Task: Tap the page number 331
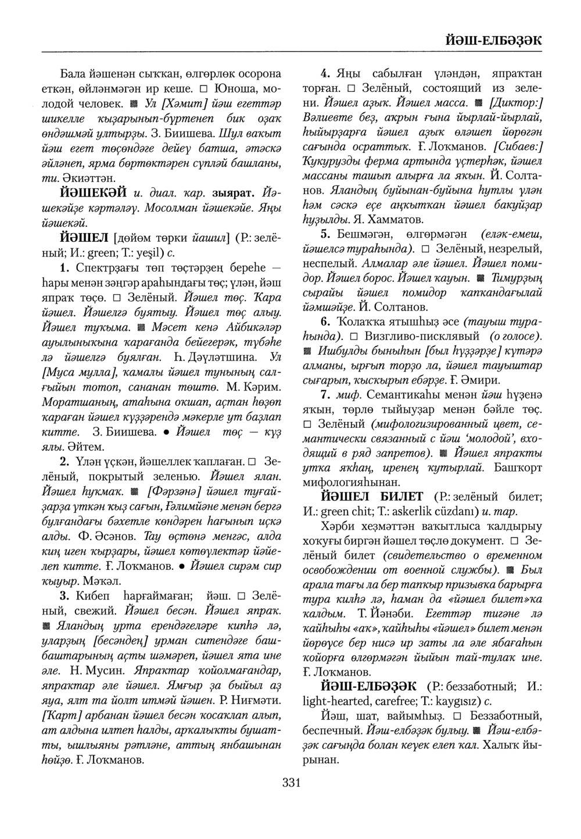[x=291, y=783]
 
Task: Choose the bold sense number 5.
[x=326, y=234]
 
